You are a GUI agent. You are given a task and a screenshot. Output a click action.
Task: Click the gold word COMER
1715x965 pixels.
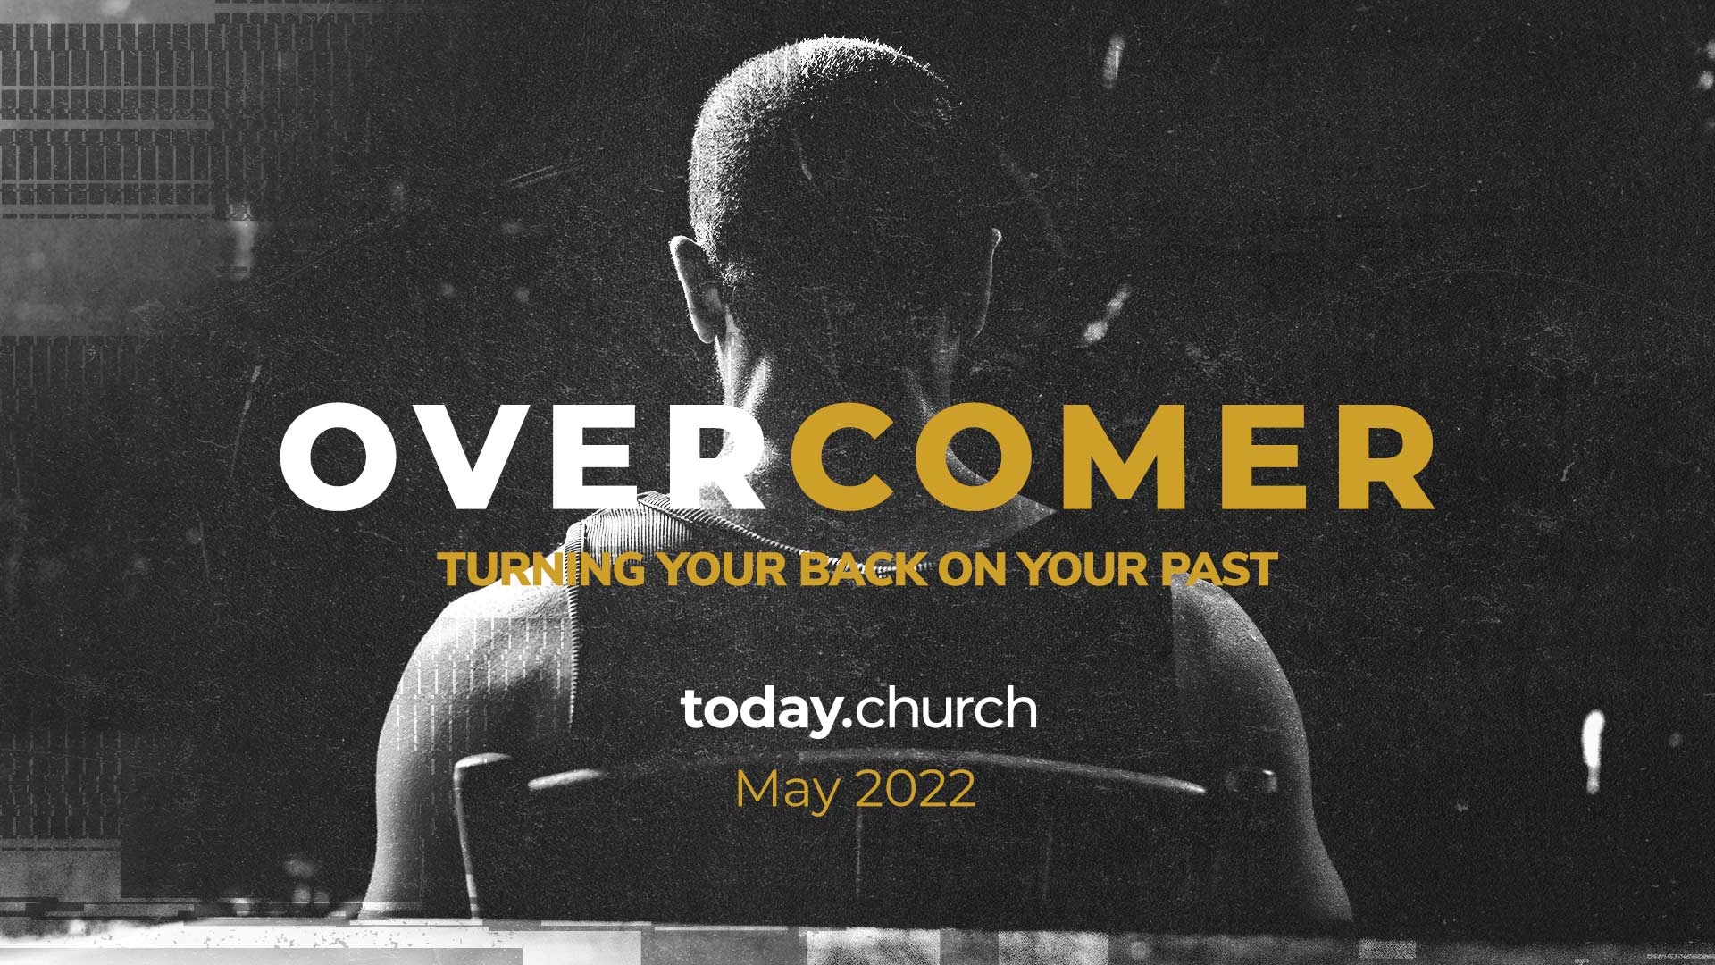coord(1112,456)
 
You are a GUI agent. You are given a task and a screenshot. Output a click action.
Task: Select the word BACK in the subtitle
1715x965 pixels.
coord(863,569)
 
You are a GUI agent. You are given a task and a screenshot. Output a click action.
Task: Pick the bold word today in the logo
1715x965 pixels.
coord(759,710)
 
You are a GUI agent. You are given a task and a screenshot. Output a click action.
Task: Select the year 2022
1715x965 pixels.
coord(915,789)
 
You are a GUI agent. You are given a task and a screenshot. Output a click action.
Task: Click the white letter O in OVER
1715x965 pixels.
coord(344,456)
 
